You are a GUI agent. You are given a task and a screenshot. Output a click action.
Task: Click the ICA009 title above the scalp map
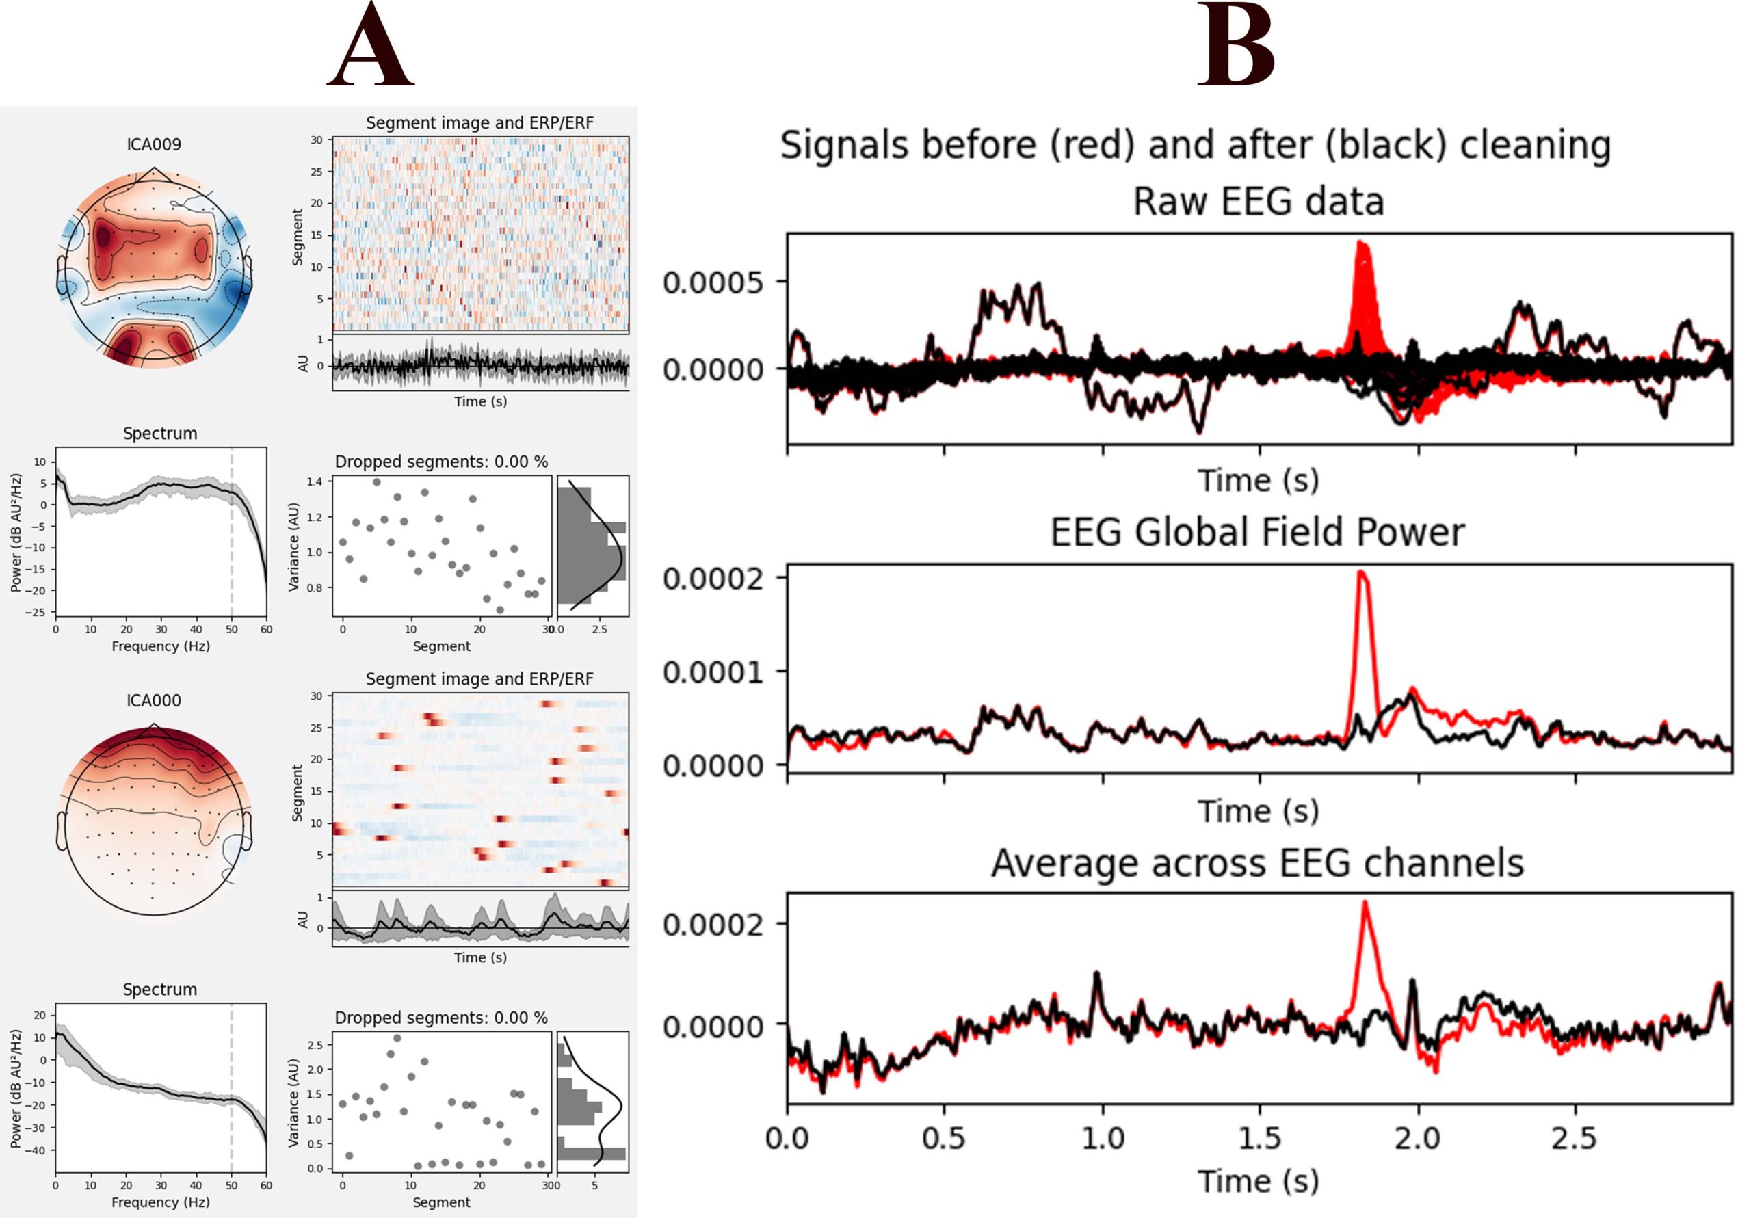pyautogui.click(x=154, y=144)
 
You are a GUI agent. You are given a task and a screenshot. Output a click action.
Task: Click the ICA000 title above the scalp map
pyautogui.click(x=154, y=700)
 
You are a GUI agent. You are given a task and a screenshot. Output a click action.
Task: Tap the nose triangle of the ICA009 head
pyautogui.click(x=154, y=174)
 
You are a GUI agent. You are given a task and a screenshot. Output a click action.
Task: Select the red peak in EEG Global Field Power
pyautogui.click(x=1362, y=574)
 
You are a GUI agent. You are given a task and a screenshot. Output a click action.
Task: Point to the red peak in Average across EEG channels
pyautogui.click(x=1364, y=905)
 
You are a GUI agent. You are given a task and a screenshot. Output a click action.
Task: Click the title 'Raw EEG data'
pyautogui.click(x=1259, y=201)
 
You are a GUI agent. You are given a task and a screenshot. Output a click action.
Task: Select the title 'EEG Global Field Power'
pyautogui.click(x=1259, y=532)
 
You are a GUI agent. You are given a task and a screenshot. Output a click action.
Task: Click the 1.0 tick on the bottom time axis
pyautogui.click(x=1102, y=1139)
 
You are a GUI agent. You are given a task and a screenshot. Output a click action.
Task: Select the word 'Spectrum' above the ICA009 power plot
pyautogui.click(x=160, y=433)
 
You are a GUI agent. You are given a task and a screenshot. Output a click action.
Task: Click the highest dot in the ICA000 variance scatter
pyautogui.click(x=397, y=1038)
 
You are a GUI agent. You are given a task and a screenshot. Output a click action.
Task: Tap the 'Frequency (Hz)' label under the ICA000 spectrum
pyautogui.click(x=160, y=1202)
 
